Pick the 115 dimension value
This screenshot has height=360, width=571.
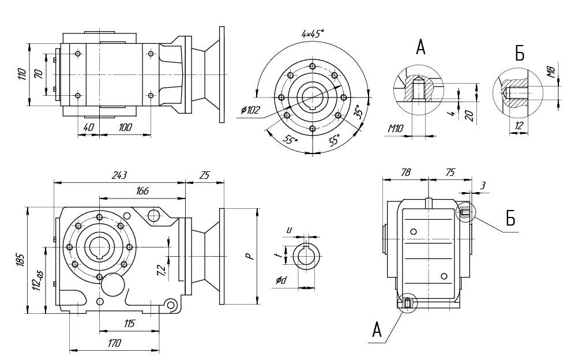129,324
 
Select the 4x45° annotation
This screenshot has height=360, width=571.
313,34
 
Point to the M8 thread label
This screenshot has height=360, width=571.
551,72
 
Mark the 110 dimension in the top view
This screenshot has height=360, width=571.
22,74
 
